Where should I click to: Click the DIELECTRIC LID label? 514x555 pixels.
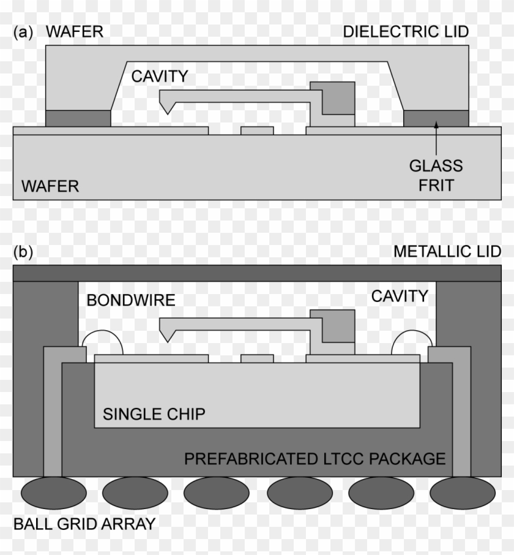[406, 32]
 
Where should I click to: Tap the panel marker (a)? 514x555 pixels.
[23, 32]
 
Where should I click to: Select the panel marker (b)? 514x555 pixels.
[23, 252]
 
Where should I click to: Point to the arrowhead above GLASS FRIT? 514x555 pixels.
[436, 124]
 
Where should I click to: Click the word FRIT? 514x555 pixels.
[436, 186]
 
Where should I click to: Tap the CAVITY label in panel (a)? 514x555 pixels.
[160, 77]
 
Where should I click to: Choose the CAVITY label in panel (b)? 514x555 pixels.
[400, 296]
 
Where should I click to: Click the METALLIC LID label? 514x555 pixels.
[447, 252]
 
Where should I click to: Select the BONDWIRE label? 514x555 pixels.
[131, 300]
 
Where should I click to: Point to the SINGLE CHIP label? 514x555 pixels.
[154, 414]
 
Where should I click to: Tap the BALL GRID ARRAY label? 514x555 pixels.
[84, 524]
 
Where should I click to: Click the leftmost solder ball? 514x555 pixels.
[54, 493]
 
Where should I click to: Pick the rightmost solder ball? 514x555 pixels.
[463, 493]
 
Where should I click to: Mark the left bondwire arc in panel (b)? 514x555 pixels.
[103, 331]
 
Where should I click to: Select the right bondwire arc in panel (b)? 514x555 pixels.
[412, 331]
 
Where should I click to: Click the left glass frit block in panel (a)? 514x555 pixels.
[78, 118]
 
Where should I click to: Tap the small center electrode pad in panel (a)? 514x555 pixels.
[257, 130]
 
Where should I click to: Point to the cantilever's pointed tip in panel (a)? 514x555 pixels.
[167, 113]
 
